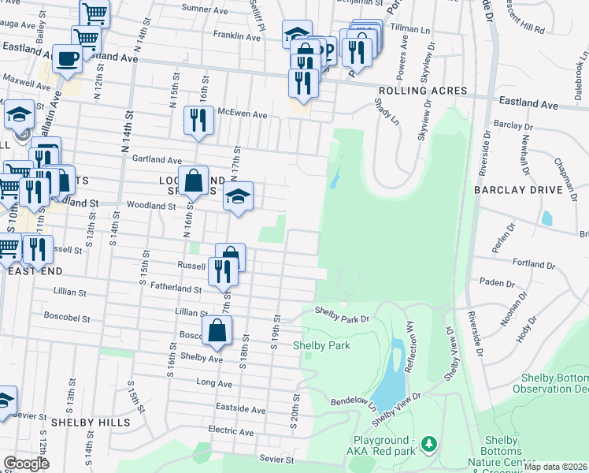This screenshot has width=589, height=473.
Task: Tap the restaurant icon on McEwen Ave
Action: [x=197, y=120]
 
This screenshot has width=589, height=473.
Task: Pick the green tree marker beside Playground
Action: [x=428, y=445]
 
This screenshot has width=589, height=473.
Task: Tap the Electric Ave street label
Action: [x=231, y=432]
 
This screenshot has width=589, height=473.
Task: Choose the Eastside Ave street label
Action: [x=241, y=408]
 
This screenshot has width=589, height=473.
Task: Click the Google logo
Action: [x=25, y=464]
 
